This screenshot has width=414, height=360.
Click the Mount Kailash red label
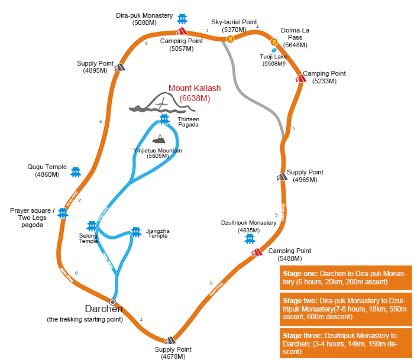click(x=195, y=93)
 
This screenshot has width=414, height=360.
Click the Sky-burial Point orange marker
click(x=230, y=38)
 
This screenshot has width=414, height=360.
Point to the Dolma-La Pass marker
click(x=274, y=42)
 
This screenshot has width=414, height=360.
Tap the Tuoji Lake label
click(x=273, y=60)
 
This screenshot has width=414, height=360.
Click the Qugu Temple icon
click(x=76, y=172)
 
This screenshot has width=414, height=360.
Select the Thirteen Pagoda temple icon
click(x=164, y=119)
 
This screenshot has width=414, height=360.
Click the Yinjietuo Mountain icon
click(x=159, y=140)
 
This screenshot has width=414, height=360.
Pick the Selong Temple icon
click(x=92, y=226)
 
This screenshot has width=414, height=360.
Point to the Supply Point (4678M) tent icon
click(x=170, y=339)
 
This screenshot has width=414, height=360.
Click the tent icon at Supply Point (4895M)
click(x=120, y=67)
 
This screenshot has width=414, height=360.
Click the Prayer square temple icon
click(x=63, y=212)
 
